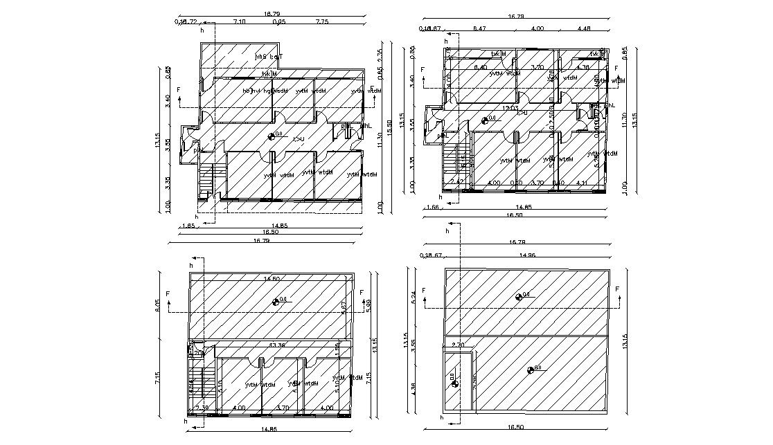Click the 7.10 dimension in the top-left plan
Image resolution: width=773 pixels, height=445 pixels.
click(239, 22)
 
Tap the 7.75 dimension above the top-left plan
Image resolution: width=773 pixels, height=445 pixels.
click(321, 22)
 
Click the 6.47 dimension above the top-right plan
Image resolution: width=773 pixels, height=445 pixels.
click(479, 28)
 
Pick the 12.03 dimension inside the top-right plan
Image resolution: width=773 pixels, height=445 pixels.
click(510, 109)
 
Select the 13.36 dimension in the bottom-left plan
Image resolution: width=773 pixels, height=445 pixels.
click(278, 345)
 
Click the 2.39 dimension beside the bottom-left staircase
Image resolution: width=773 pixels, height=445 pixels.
click(202, 408)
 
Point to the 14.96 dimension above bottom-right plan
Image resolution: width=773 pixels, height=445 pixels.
click(527, 255)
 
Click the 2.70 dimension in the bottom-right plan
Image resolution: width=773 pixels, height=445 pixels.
click(458, 345)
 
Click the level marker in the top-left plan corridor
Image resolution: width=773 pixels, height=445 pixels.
click(272, 136)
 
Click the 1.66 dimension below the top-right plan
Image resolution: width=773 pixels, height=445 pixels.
click(433, 207)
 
